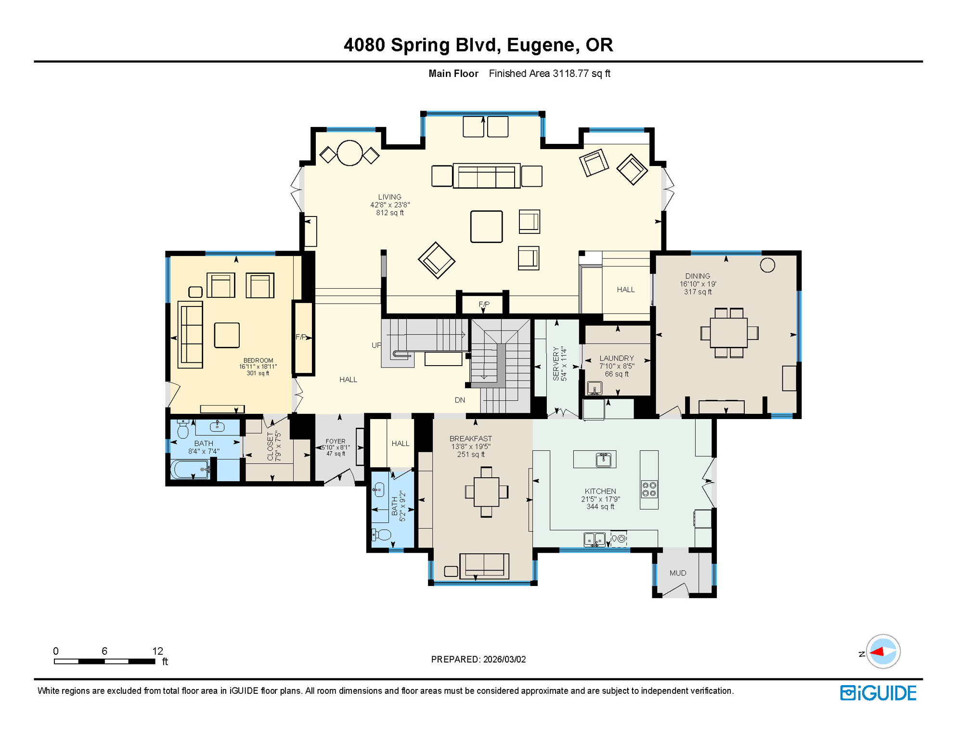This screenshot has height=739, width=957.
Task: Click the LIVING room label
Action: pyautogui.click(x=389, y=197)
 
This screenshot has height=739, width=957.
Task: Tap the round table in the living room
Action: pyautogui.click(x=349, y=153)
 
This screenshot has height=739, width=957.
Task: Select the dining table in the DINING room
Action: pyautogui.click(x=729, y=333)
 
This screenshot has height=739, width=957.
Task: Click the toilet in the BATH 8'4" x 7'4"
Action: pyautogui.click(x=183, y=429)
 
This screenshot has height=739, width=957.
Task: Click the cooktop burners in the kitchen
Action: pyautogui.click(x=649, y=489)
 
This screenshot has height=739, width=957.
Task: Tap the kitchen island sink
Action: pyautogui.click(x=603, y=459)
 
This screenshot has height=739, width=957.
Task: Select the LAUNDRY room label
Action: pyautogui.click(x=617, y=358)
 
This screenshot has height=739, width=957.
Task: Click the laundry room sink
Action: pyautogui.click(x=595, y=387)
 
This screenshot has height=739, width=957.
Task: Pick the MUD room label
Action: pyautogui.click(x=678, y=573)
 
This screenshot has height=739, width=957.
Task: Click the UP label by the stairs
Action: pyautogui.click(x=376, y=345)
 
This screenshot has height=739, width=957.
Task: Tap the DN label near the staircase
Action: pyautogui.click(x=460, y=400)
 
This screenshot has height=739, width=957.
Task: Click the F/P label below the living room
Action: pyautogui.click(x=484, y=304)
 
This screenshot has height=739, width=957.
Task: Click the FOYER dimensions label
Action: pyautogui.click(x=336, y=447)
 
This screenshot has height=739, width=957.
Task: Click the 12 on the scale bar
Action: pyautogui.click(x=158, y=651)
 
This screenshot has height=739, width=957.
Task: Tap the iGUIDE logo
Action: pyautogui.click(x=878, y=693)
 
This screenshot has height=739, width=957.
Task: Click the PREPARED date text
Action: pyautogui.click(x=478, y=659)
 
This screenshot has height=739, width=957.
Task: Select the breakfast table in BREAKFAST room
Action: pyautogui.click(x=486, y=492)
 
